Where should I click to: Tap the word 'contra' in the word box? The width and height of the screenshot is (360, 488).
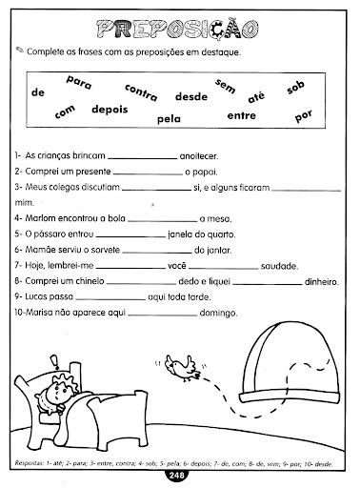pos(141,92)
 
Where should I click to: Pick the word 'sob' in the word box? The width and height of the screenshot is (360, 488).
pos(295,89)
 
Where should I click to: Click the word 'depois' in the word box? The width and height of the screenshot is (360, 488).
pos(110,110)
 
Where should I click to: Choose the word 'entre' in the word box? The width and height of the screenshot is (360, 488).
pos(243,115)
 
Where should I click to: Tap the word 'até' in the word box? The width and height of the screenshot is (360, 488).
pos(256,96)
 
